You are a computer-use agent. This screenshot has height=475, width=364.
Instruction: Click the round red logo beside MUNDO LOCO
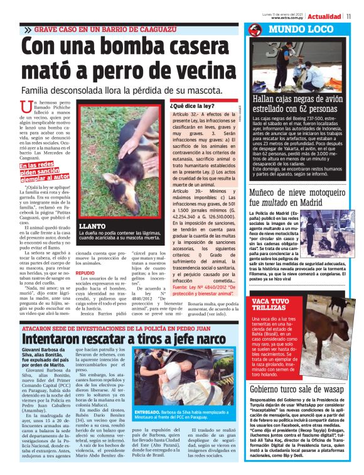pyautogui.click(x=254, y=30)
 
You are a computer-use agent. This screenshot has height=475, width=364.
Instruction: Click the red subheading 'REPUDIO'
pyautogui.click(x=85, y=273)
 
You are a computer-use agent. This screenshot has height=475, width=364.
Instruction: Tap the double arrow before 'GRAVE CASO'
pyautogui.click(x=28, y=30)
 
